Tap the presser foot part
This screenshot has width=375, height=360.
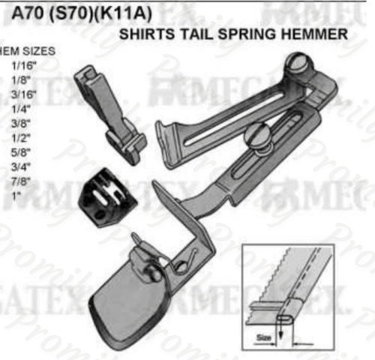tap(112, 112)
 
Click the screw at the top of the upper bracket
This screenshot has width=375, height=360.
tap(298, 64)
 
